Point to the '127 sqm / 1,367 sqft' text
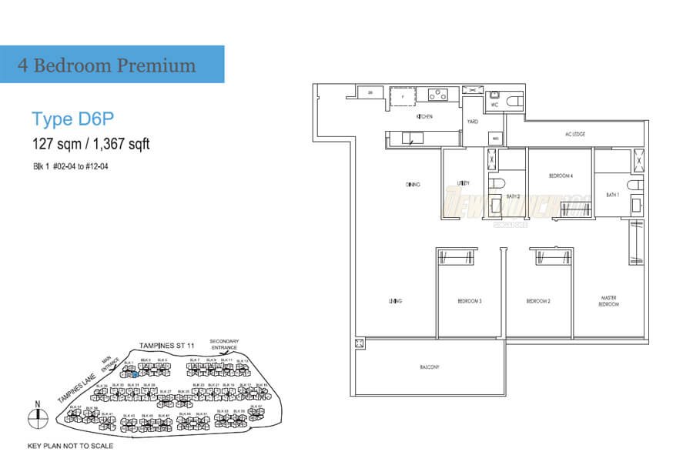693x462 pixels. (91, 143)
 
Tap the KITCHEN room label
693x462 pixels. (424, 117)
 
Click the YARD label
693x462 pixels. (471, 122)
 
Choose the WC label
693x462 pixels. (495, 104)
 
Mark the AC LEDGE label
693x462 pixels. (575, 135)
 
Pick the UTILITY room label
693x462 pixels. (464, 184)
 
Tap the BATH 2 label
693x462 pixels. (514, 197)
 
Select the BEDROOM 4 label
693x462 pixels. (561, 176)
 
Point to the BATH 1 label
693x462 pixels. (613, 195)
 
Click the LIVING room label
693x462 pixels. (397, 301)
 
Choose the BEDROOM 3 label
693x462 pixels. (470, 301)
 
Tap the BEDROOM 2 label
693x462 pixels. (538, 301)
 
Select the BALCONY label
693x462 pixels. (429, 367)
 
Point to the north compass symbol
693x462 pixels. (35, 417)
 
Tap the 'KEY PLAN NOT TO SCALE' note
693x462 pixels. (70, 446)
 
